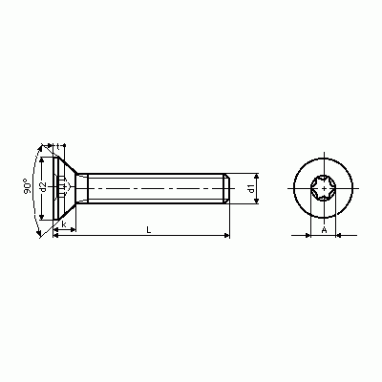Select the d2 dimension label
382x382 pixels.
click(x=44, y=187)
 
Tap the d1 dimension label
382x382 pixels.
click(x=251, y=188)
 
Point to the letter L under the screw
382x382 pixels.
click(x=149, y=229)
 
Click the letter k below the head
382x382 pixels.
click(x=64, y=224)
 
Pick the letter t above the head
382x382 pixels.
click(x=58, y=147)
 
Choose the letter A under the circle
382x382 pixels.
click(x=324, y=230)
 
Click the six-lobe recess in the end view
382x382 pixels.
click(x=324, y=188)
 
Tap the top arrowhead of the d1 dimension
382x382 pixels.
click(x=257, y=177)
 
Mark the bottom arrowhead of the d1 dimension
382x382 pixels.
click(x=257, y=201)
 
